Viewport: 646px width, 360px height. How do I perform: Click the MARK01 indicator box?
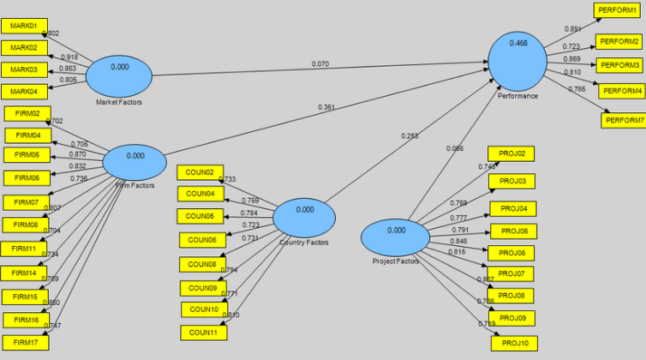(x=24, y=27)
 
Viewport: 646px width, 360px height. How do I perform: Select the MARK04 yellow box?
(x=24, y=91)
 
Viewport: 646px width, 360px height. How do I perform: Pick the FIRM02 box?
(x=27, y=113)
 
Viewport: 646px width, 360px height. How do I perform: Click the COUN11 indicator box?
(x=204, y=333)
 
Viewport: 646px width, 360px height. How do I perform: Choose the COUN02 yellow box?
(x=200, y=172)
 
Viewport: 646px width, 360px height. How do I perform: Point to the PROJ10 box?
(x=514, y=343)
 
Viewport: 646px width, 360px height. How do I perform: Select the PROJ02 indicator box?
(x=511, y=153)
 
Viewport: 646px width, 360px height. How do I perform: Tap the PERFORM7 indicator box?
(x=624, y=120)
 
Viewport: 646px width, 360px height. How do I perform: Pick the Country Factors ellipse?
(x=304, y=217)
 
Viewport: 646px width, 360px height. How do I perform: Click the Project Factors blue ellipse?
(x=395, y=237)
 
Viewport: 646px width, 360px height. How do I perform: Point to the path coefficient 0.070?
(x=320, y=64)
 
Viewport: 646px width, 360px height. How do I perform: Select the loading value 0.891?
(x=572, y=29)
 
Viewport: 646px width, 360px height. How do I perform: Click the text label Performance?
(x=517, y=96)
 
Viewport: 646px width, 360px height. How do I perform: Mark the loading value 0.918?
(x=69, y=57)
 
